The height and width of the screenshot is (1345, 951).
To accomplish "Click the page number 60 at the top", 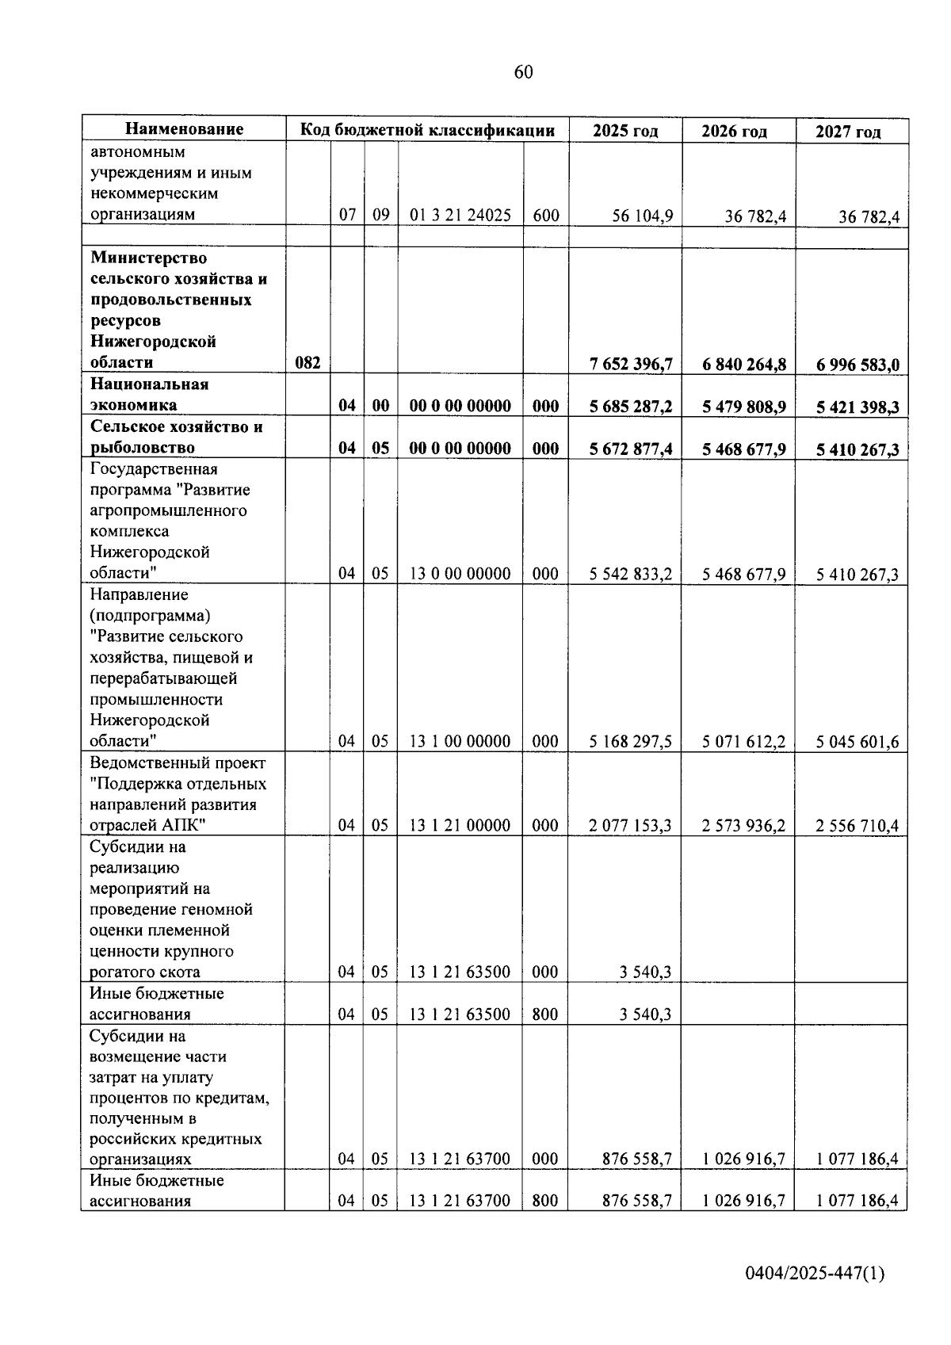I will pyautogui.click(x=523, y=73).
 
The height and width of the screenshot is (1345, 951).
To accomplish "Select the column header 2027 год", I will pyautogui.click(x=848, y=132).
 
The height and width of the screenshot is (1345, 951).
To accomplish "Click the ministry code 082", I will pyautogui.click(x=307, y=363).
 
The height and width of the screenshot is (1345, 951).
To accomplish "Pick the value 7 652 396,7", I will pyautogui.click(x=631, y=364).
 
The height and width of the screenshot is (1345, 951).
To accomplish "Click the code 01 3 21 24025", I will pyautogui.click(x=460, y=215).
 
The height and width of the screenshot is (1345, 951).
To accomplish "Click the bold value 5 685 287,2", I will pyautogui.click(x=631, y=407).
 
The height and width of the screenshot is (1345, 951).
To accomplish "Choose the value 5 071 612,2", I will pyautogui.click(x=743, y=742).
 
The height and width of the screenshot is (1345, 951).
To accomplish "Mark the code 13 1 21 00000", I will pyautogui.click(x=460, y=826).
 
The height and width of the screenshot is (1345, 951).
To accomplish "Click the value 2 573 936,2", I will pyautogui.click(x=743, y=826).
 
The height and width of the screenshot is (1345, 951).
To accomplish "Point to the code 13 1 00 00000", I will pyautogui.click(x=460, y=742).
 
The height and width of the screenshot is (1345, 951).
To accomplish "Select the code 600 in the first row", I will pyautogui.click(x=545, y=215).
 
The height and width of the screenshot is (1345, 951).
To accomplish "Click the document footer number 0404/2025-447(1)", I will pyautogui.click(x=814, y=1274).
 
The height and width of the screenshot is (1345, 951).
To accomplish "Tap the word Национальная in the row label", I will pyautogui.click(x=149, y=384).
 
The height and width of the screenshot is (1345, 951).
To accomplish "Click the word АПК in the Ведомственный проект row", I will pyautogui.click(x=183, y=825).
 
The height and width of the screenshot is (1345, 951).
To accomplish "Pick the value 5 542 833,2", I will pyautogui.click(x=631, y=574).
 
